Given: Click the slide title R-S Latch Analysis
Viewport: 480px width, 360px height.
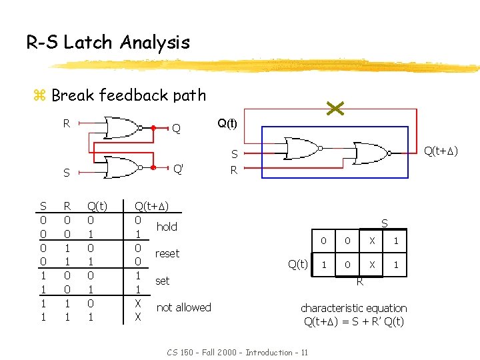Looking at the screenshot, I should click(x=108, y=43).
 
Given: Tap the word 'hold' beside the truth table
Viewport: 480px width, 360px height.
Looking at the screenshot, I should click(x=167, y=227).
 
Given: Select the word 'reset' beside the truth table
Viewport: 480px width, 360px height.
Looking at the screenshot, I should click(x=167, y=253).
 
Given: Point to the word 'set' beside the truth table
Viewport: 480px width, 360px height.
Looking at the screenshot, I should click(x=162, y=281).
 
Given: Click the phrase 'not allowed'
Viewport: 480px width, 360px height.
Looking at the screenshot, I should click(x=183, y=307).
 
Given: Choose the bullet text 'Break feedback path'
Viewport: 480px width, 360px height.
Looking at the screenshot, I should click(x=128, y=95).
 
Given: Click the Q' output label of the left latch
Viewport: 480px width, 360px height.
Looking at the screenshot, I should click(x=178, y=169).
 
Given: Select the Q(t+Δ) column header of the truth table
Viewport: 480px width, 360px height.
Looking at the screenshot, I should click(x=151, y=206).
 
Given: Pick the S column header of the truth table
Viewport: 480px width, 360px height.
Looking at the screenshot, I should click(x=43, y=206).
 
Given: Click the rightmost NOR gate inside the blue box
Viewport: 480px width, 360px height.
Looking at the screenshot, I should click(x=371, y=153).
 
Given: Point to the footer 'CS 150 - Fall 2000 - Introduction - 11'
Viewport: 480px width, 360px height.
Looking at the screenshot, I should click(x=237, y=352).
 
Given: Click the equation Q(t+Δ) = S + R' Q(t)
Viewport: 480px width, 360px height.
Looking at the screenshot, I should click(x=354, y=322).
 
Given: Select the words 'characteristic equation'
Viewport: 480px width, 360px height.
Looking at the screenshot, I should click(x=354, y=308).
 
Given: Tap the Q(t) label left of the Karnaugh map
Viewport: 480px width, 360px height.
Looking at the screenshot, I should click(x=297, y=264).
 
